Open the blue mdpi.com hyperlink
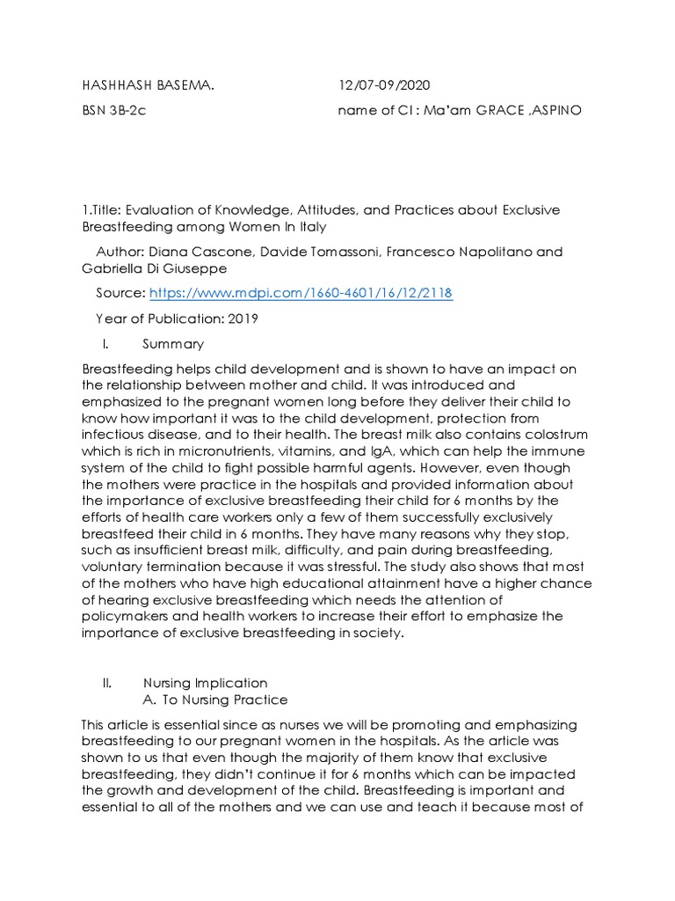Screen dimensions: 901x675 tap(301, 293)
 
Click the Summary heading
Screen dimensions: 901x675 tap(173, 344)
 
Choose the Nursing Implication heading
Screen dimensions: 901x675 tap(205, 682)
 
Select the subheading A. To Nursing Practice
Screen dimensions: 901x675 tap(214, 700)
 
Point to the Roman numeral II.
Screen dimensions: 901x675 tap(107, 682)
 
